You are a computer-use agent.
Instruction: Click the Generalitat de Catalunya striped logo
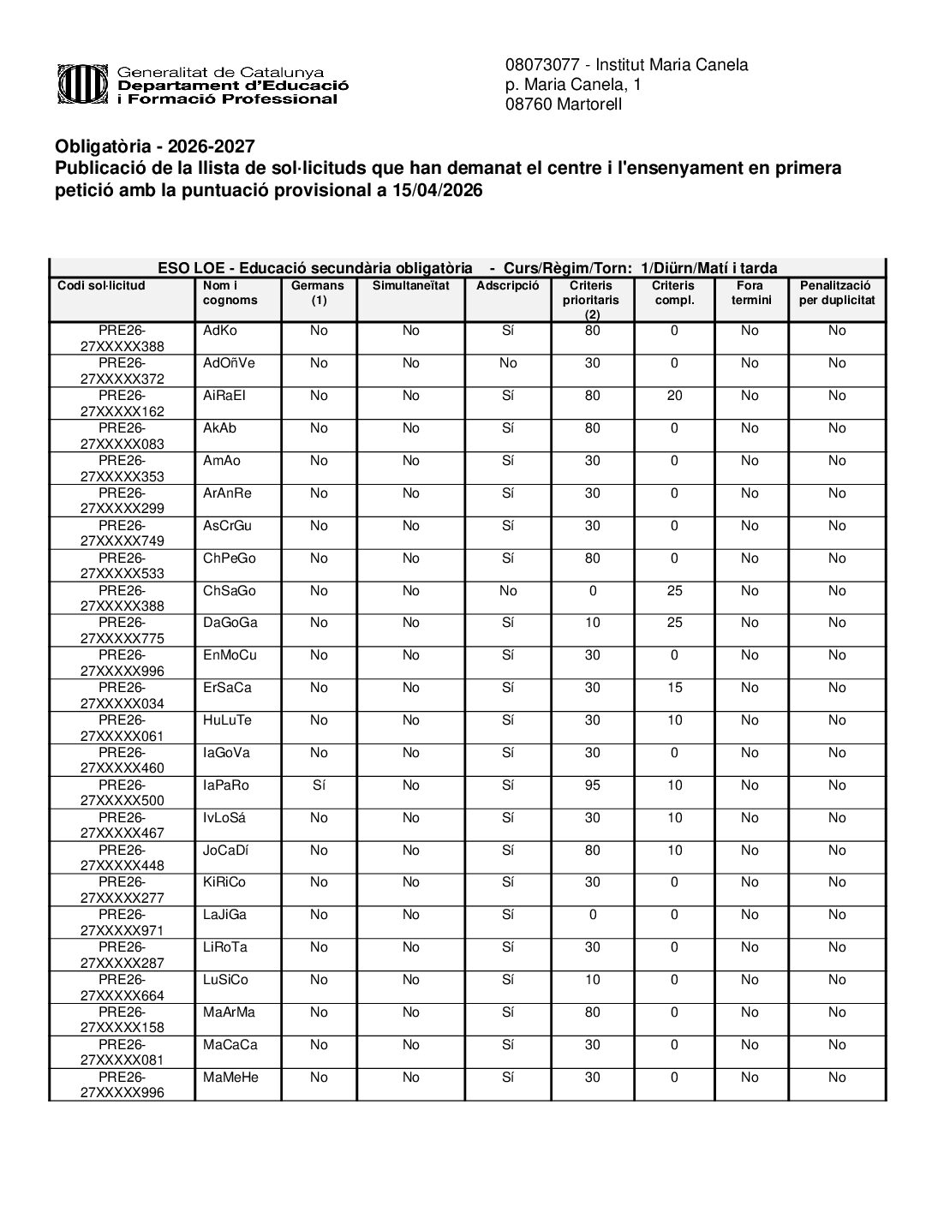(x=84, y=84)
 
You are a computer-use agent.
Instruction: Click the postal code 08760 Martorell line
(x=563, y=105)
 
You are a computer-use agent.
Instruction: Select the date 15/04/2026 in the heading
(x=437, y=191)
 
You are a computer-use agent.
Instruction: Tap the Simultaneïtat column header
(x=410, y=286)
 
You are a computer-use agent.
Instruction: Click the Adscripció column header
(x=508, y=286)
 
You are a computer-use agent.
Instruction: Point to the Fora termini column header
(x=750, y=293)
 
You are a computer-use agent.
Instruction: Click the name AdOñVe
(x=229, y=363)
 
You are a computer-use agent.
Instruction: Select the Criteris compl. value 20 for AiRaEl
(x=674, y=396)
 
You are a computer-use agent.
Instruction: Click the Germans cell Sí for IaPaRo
(x=319, y=785)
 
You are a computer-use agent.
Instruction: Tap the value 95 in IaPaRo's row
(x=592, y=785)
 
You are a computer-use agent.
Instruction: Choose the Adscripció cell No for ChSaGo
(x=508, y=591)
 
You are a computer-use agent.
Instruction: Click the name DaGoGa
(x=230, y=624)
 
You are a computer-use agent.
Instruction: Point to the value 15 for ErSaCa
(x=674, y=688)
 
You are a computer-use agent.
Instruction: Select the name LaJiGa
(x=224, y=916)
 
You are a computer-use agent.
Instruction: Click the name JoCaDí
(x=226, y=851)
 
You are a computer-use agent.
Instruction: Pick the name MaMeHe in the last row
(x=230, y=1078)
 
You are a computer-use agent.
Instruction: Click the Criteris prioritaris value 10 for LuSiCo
(x=592, y=980)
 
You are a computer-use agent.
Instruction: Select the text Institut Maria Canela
(x=672, y=65)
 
